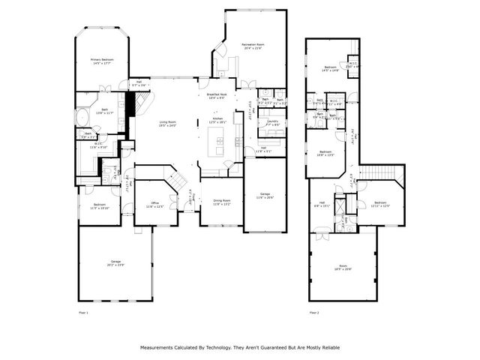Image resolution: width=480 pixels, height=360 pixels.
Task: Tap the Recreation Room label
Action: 256,46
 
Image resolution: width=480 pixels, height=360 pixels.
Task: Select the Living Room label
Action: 167,124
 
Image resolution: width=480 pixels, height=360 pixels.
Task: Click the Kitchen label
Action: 217,121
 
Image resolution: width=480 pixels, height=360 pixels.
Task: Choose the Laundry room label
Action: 272,122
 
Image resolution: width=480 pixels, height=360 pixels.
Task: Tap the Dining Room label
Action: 221,202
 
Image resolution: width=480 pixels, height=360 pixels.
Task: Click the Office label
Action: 154,204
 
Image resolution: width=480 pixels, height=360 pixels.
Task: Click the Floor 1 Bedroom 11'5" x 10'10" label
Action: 99,206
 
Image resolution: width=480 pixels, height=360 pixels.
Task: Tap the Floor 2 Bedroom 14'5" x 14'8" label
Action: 330,69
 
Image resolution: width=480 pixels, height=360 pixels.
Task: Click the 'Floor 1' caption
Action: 83,312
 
